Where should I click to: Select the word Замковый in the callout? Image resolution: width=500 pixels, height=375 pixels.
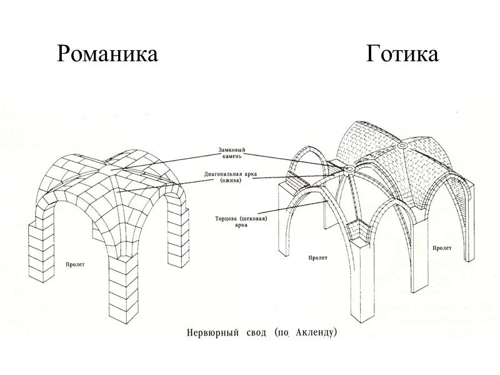coord(232,150)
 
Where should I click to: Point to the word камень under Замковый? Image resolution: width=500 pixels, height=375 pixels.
coord(232,156)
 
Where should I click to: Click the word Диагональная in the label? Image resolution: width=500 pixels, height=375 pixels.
coord(221,174)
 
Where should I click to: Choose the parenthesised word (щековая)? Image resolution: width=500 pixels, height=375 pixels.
coord(244,219)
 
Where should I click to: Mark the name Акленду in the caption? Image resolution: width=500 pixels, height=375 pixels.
coord(316,332)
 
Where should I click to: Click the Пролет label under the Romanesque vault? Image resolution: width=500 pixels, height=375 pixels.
coord(75,264)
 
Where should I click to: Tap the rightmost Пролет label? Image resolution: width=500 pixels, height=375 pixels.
coord(441,248)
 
